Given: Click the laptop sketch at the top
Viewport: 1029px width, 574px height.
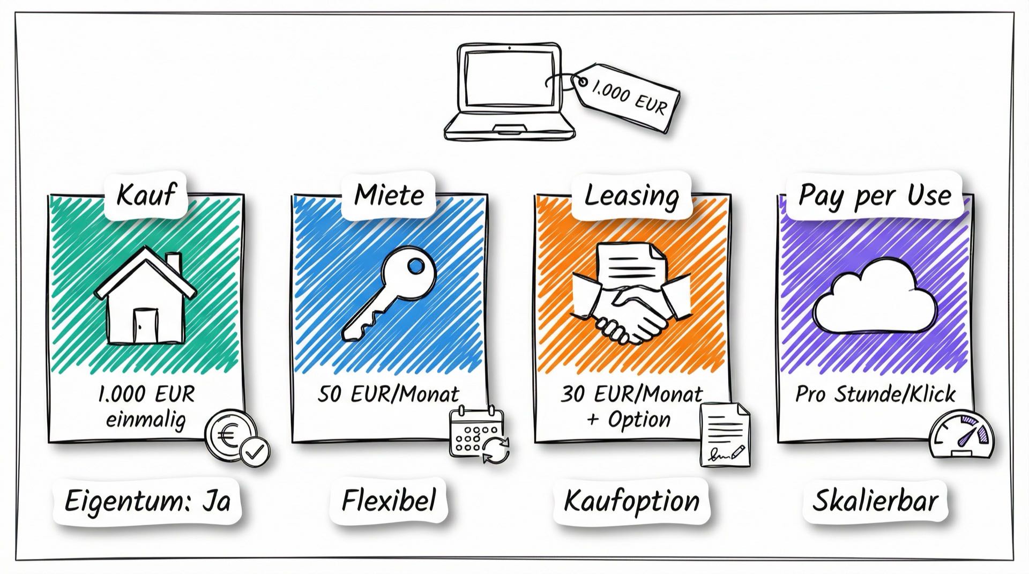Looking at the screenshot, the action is pos(509,92).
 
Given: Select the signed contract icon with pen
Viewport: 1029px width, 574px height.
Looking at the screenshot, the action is pos(725,435).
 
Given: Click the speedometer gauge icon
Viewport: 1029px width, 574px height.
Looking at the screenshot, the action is pos(961,435).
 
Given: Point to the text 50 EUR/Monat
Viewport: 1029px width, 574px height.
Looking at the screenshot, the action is pos(389,394).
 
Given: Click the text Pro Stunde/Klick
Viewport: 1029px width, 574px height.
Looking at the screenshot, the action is pos(875,394).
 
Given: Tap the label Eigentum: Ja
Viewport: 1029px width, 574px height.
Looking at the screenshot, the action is pos(147,501).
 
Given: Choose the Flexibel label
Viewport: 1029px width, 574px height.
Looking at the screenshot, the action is pos(389,501).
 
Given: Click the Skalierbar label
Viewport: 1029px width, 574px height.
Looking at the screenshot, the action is pos(875,501).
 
